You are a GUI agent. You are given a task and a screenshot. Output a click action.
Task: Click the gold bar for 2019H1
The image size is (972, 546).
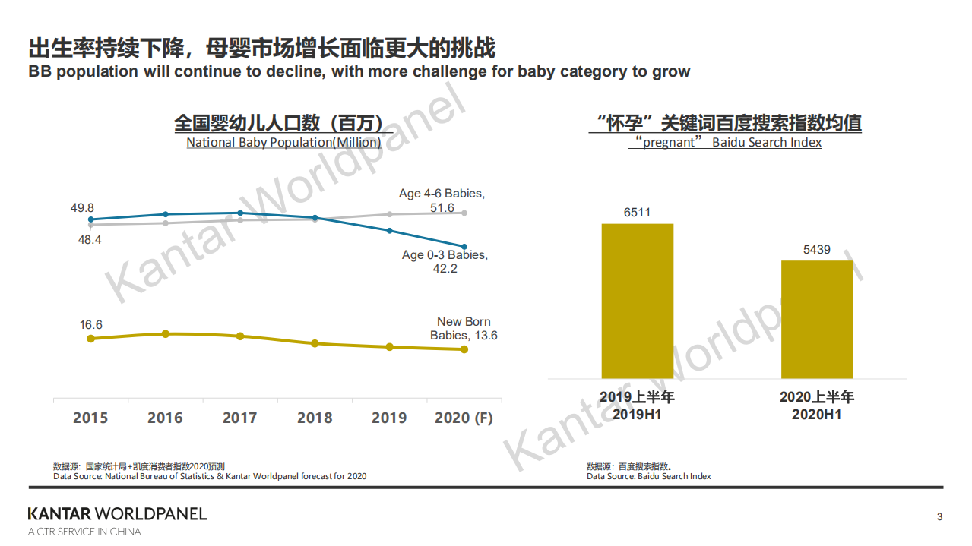point(637,301)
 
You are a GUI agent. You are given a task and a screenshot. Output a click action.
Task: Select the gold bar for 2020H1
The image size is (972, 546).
point(817,319)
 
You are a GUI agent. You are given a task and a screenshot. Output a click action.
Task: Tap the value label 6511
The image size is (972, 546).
point(637,213)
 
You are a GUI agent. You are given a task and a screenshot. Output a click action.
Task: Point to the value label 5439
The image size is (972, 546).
point(817,249)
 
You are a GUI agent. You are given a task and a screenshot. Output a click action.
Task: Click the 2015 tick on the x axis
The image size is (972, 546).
point(90,418)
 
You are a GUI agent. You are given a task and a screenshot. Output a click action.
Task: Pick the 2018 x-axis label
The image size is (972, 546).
point(315,418)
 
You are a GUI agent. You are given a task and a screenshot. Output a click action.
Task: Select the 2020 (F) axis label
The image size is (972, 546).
point(464,418)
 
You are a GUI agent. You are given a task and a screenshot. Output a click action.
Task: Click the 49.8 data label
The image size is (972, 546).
point(81,208)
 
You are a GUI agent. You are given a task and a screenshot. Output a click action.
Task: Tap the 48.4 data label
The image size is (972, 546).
point(89,239)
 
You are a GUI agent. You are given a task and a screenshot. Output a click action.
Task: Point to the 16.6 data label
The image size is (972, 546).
point(90,325)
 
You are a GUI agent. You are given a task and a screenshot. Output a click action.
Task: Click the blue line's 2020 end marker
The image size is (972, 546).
point(464,247)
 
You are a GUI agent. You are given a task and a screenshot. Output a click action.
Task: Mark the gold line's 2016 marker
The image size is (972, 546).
point(165,333)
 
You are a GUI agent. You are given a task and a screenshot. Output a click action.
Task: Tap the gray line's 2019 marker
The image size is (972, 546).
point(390,214)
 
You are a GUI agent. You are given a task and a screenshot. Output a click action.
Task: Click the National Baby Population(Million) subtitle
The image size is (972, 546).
point(283,142)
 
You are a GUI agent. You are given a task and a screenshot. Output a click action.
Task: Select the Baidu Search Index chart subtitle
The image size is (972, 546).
point(725,142)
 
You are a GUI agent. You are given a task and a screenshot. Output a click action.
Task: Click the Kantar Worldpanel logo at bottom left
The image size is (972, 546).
point(117,514)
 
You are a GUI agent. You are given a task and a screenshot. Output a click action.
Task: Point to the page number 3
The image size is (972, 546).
point(939,517)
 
